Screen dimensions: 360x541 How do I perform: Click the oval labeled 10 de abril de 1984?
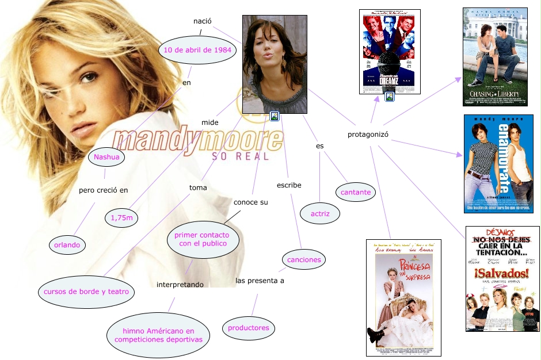click(x=197, y=50)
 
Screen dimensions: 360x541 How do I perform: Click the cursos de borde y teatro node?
click(x=86, y=292)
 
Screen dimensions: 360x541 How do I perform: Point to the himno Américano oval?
click(x=158, y=335)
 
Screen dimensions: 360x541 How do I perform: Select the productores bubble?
click(x=248, y=328)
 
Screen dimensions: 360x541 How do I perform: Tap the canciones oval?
click(x=304, y=260)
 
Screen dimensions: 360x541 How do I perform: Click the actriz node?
click(x=319, y=214)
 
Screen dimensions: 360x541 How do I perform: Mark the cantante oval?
click(x=356, y=193)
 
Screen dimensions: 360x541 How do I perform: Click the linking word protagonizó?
click(x=368, y=135)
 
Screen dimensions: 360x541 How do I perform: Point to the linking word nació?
click(x=202, y=21)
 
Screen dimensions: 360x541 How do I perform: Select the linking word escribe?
click(x=289, y=185)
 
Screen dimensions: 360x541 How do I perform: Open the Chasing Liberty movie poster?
click(x=495, y=56)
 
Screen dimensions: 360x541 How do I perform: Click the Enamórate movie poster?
click(x=498, y=164)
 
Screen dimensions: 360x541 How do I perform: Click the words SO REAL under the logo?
click(x=240, y=156)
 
